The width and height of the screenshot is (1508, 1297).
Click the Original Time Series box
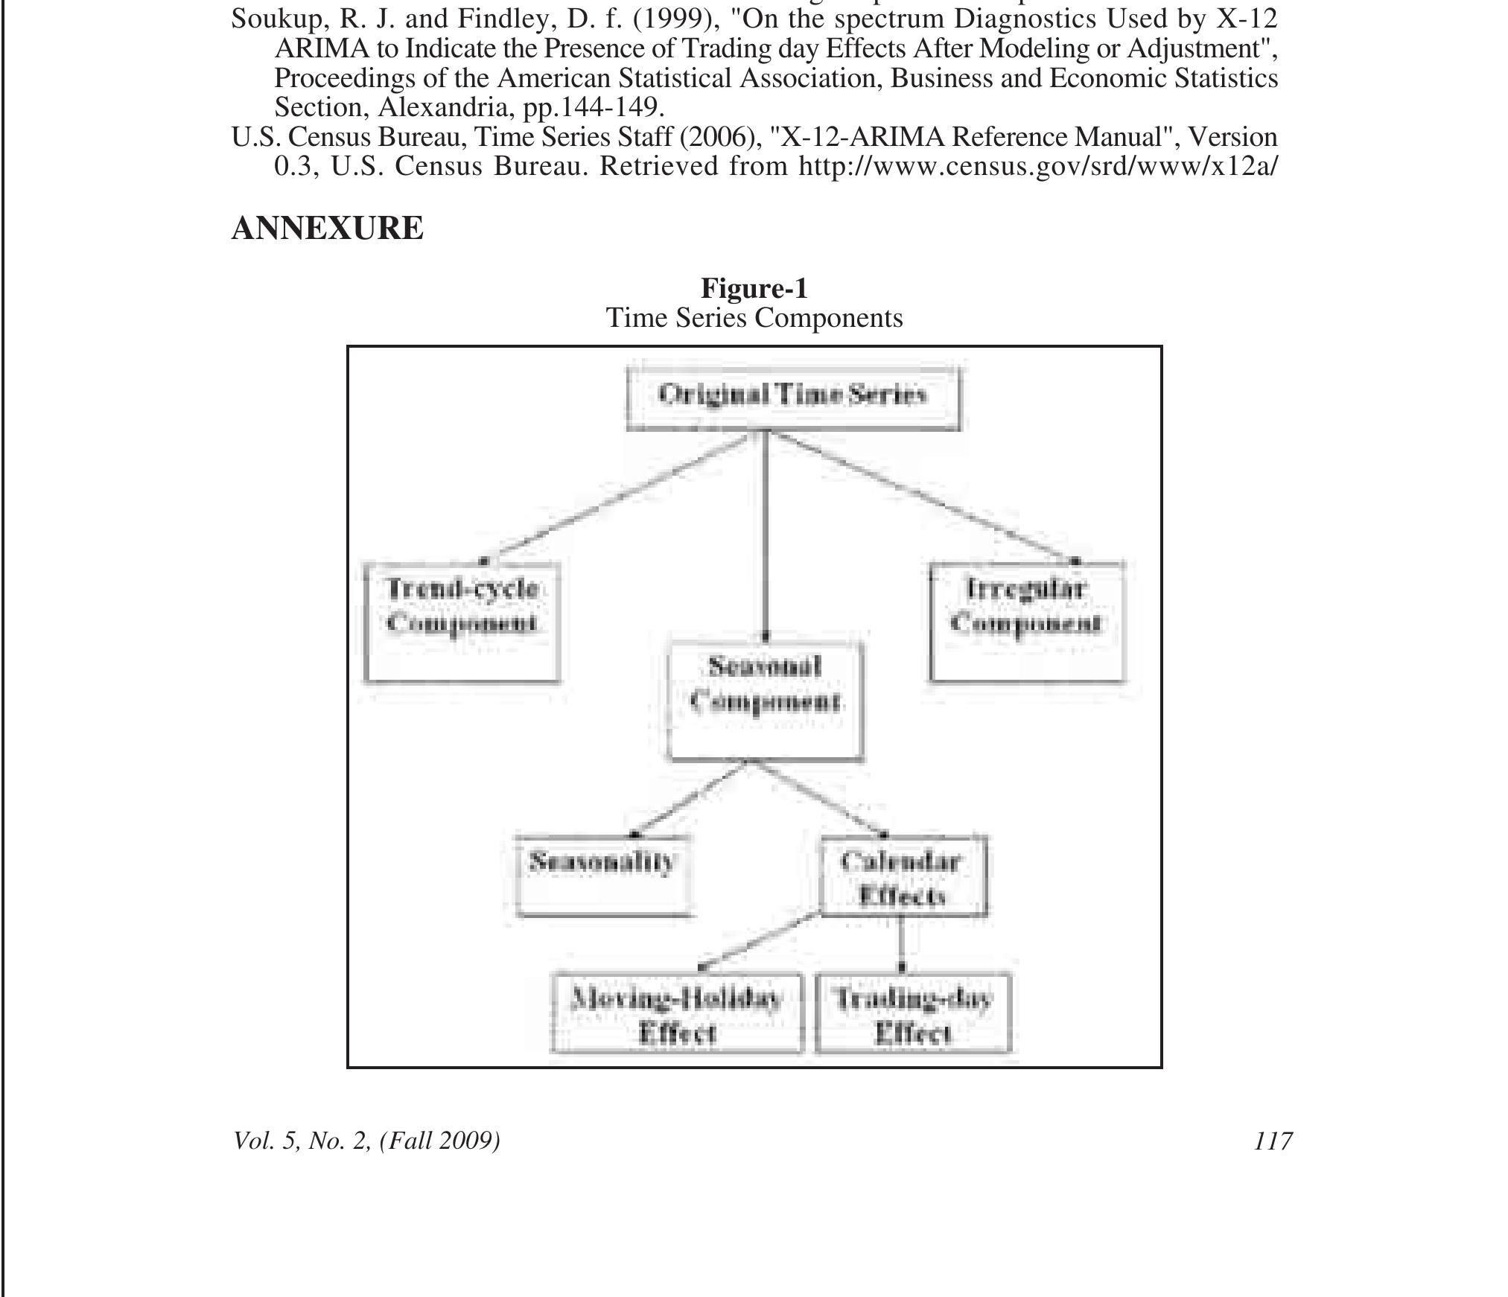(793, 398)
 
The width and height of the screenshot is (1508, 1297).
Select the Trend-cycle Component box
(462, 622)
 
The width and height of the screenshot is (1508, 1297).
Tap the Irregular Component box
(1027, 622)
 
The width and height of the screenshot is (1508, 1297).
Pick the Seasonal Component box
(766, 700)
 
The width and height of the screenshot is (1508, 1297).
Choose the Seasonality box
(603, 876)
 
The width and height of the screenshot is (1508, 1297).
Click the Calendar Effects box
(903, 876)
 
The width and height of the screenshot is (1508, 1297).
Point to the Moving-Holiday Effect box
(677, 1013)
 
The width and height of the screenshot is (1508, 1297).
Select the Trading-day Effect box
(913, 1013)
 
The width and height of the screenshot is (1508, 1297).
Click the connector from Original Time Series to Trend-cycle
(618, 497)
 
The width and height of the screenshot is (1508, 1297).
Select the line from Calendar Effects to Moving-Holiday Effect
(760, 942)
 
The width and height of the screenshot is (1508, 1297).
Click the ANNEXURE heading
(328, 228)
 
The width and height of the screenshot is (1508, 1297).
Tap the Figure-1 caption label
(754, 288)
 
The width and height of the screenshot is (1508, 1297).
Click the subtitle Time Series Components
(754, 318)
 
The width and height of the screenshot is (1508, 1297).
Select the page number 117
(1273, 1141)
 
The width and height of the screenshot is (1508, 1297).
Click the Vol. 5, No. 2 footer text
(366, 1141)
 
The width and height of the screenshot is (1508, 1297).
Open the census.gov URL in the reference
(1037, 166)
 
